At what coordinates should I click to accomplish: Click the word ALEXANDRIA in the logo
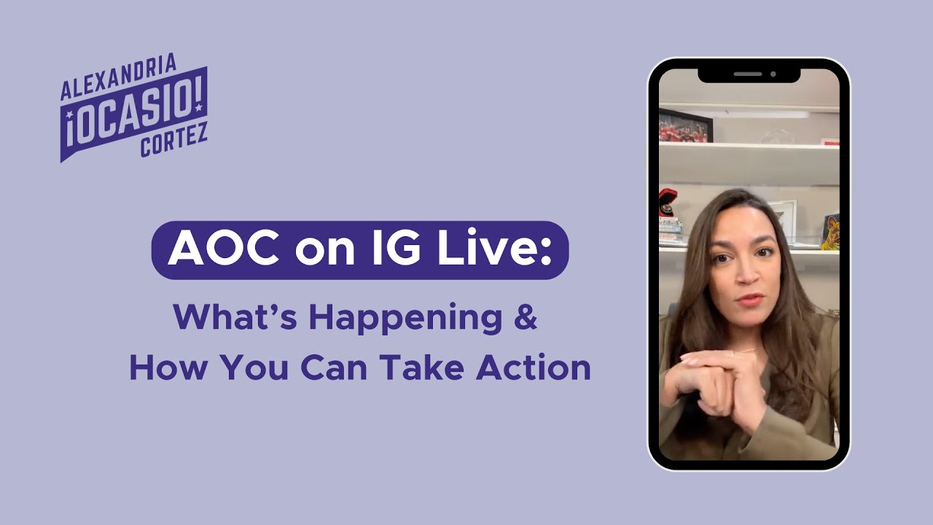click(119, 79)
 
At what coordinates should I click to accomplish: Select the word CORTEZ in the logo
click(174, 139)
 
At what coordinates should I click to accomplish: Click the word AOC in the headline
click(222, 250)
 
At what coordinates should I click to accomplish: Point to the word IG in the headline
click(388, 250)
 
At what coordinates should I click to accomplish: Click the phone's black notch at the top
click(749, 74)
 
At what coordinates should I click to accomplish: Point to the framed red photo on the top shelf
click(685, 125)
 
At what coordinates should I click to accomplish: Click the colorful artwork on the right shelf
click(830, 232)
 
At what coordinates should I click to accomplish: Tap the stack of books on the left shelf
click(669, 230)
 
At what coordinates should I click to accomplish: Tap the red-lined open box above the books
click(668, 201)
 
